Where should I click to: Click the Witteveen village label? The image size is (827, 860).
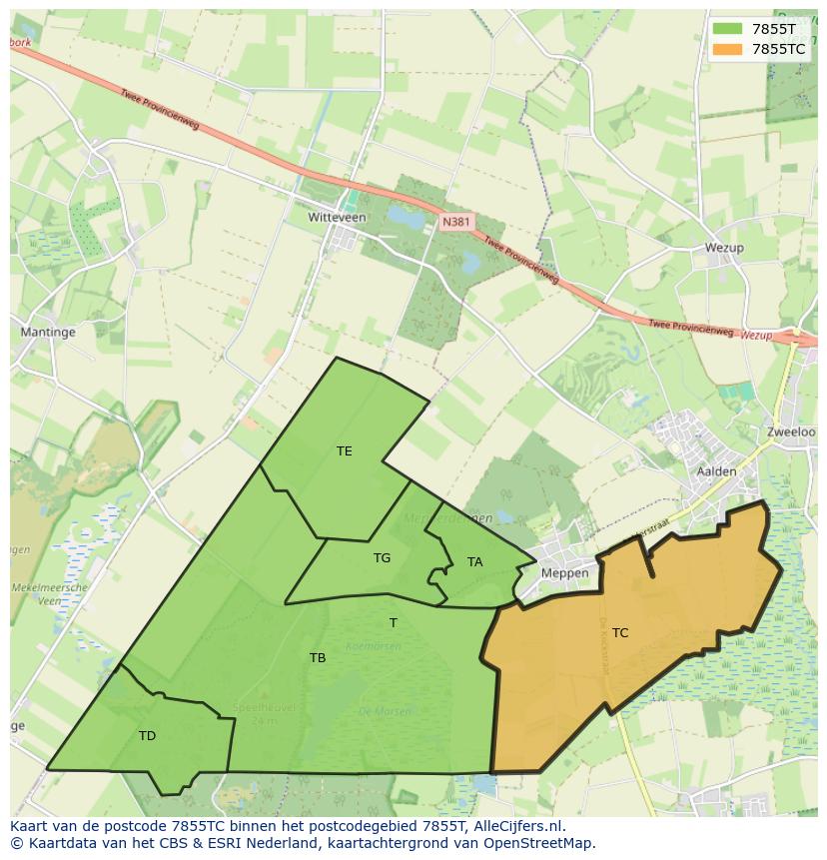338,217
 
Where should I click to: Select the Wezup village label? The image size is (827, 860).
724,248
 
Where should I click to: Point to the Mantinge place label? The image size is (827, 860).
48,331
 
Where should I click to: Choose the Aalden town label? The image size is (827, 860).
717,471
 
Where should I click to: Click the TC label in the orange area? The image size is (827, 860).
620,632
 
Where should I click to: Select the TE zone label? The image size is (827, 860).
345,451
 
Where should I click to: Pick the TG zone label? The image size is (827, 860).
382,558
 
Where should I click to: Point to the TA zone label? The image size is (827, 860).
474,562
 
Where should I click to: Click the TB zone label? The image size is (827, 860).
318,657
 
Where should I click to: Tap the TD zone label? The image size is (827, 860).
147,736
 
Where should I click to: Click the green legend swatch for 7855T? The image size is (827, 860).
726,28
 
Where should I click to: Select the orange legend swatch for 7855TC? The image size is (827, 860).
726,49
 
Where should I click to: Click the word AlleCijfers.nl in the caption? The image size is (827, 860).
518,827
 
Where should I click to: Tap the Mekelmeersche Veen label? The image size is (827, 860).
49,594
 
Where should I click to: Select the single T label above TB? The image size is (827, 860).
394,623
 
